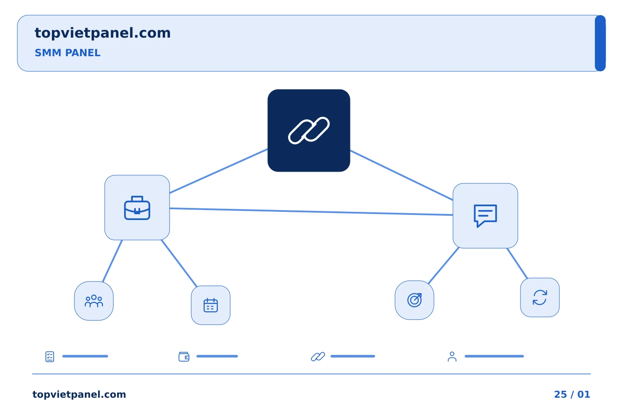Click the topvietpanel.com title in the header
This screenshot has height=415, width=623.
click(x=103, y=33)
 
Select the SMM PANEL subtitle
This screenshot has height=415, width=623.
click(x=67, y=53)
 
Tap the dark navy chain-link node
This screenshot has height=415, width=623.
click(x=309, y=131)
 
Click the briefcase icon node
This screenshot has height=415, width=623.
click(x=137, y=207)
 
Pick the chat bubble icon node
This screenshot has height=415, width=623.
click(x=485, y=216)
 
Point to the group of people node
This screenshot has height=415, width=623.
click(x=94, y=301)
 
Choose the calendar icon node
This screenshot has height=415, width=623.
click(x=211, y=305)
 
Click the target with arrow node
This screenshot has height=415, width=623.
click(x=414, y=300)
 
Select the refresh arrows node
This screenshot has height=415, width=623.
click(x=540, y=297)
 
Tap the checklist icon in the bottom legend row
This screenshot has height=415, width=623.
click(x=50, y=357)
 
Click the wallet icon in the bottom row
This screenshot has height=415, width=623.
click(x=184, y=357)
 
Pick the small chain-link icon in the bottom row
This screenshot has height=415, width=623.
click(x=318, y=357)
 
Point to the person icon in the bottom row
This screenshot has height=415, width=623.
click(x=452, y=357)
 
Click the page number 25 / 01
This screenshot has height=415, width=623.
click(x=572, y=394)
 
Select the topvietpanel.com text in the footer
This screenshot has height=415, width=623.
click(x=79, y=395)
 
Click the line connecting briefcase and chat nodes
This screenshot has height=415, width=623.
click(x=311, y=211)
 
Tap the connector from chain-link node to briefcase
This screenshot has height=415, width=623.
click(x=218, y=171)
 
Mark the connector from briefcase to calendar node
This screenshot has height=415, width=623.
click(x=179, y=263)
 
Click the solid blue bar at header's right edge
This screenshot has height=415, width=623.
click(x=600, y=43)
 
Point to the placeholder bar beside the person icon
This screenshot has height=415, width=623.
click(x=494, y=356)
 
